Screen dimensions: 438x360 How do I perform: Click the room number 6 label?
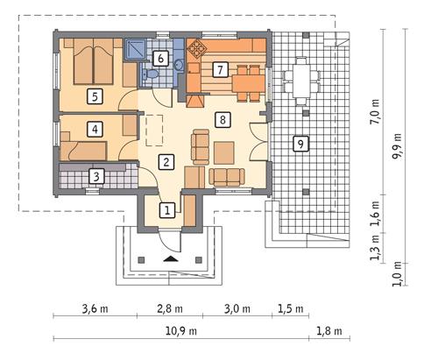(160, 59)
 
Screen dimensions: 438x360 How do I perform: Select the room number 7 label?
(220, 70)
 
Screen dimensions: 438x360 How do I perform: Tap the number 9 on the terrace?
(300, 144)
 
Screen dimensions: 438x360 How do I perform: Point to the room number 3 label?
(96, 176)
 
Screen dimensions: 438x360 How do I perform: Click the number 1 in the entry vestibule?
(167, 210)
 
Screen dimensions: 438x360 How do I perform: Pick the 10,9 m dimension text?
(181, 331)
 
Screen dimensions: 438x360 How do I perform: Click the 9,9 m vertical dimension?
(397, 146)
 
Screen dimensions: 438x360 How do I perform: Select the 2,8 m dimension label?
(170, 308)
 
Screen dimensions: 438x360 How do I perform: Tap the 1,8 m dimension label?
(329, 331)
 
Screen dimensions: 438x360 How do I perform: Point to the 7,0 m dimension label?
(375, 112)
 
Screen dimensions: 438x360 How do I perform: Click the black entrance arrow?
(170, 258)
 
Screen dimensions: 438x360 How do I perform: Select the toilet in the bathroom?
(149, 74)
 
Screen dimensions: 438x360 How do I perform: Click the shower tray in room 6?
(136, 49)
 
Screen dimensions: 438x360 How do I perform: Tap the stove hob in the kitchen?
(197, 47)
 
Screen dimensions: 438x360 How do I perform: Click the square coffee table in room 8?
(224, 152)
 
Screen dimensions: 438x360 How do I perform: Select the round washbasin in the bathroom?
(179, 64)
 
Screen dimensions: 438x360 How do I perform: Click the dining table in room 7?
(248, 84)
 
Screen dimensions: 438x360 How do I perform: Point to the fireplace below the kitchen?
(194, 101)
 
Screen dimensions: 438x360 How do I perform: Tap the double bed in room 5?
(94, 61)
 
